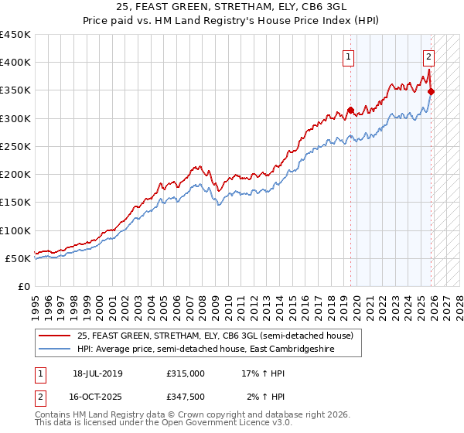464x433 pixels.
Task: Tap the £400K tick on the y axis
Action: (x=15, y=63)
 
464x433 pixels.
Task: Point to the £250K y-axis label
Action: (x=15, y=146)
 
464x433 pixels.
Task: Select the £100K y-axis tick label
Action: (x=15, y=230)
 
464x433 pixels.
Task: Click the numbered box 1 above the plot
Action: (x=349, y=56)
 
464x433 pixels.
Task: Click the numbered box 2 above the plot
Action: (x=428, y=56)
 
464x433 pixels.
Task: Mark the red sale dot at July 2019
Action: (x=350, y=110)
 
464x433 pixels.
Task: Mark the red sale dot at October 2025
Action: (x=431, y=92)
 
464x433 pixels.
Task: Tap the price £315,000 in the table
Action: (x=186, y=373)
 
